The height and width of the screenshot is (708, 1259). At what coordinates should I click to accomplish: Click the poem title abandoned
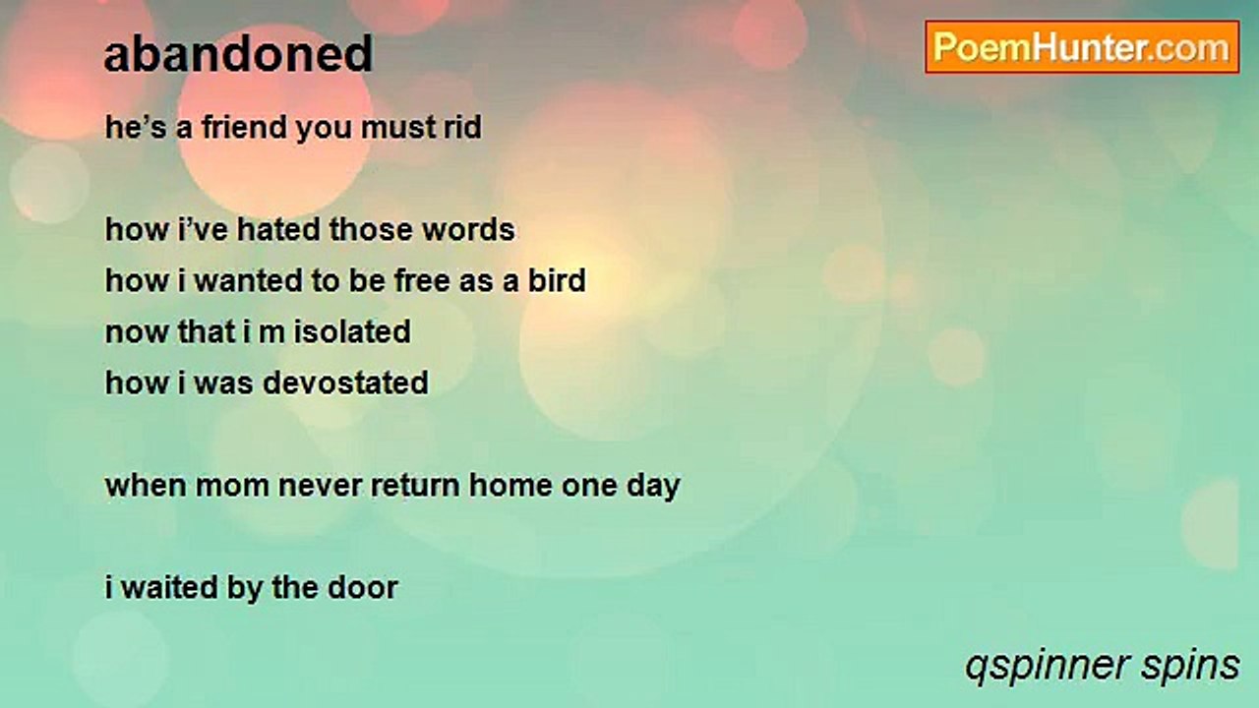click(x=238, y=54)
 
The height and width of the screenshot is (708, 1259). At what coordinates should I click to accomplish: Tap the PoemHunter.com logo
click(x=1082, y=47)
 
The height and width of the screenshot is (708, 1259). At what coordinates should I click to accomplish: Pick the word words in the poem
click(x=469, y=230)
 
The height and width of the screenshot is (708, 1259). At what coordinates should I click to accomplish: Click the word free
click(x=422, y=280)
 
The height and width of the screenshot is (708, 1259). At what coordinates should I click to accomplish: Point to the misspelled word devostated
click(x=345, y=383)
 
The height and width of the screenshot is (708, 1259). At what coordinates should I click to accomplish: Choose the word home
click(x=510, y=486)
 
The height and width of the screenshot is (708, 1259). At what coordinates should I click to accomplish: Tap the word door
click(x=363, y=588)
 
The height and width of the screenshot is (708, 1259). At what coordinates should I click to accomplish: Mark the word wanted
click(x=249, y=280)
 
